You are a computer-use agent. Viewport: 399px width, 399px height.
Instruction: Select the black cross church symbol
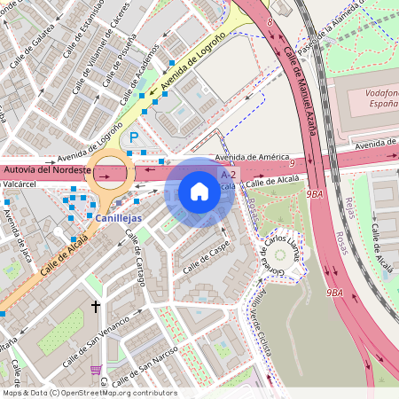(96, 307)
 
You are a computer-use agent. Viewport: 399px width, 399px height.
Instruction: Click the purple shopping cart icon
(96, 370)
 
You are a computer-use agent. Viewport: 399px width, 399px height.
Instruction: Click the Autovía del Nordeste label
(46, 168)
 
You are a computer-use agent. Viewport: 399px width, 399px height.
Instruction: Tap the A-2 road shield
(227, 176)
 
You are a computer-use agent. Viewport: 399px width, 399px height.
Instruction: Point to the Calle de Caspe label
(204, 257)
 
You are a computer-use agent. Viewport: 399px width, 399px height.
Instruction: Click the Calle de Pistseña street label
(118, 63)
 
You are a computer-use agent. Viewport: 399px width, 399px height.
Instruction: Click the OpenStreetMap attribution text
(89, 393)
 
